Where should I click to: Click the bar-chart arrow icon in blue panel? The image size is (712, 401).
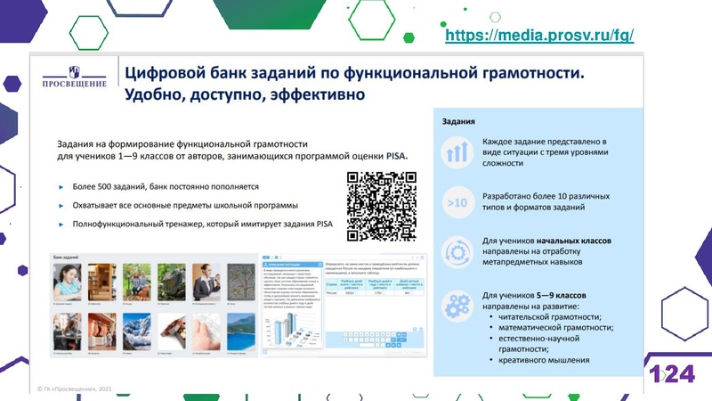pos(457,152)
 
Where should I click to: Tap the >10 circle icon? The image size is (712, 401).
pos(457,203)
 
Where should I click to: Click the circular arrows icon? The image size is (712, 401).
pos(457,252)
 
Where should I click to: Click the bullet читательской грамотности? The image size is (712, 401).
pos(551,316)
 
